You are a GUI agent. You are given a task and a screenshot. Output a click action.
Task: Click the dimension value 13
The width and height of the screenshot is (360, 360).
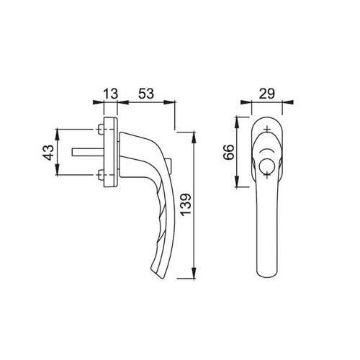pyautogui.click(x=111, y=94)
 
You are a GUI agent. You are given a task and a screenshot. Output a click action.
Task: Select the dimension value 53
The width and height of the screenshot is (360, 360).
pyautogui.click(x=146, y=94)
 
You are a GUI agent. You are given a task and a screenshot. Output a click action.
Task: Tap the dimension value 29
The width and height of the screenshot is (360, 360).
pyautogui.click(x=267, y=94)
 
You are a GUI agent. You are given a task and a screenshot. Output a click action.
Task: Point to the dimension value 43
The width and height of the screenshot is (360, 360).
pyautogui.click(x=48, y=152)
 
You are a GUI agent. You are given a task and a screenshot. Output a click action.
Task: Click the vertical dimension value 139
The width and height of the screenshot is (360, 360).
pyautogui.click(x=186, y=204)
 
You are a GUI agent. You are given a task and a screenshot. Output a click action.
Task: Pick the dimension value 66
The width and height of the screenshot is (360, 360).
pyautogui.click(x=228, y=152)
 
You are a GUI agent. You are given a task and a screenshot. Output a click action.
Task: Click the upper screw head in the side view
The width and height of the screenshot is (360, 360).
pyautogui.click(x=101, y=129)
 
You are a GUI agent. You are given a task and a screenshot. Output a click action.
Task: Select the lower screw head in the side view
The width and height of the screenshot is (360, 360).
pyautogui.click(x=101, y=174)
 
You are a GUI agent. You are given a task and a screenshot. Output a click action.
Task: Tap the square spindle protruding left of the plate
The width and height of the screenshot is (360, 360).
pyautogui.click(x=88, y=152)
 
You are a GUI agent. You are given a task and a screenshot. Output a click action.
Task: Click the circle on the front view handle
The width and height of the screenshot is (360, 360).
pyautogui.click(x=266, y=166)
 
